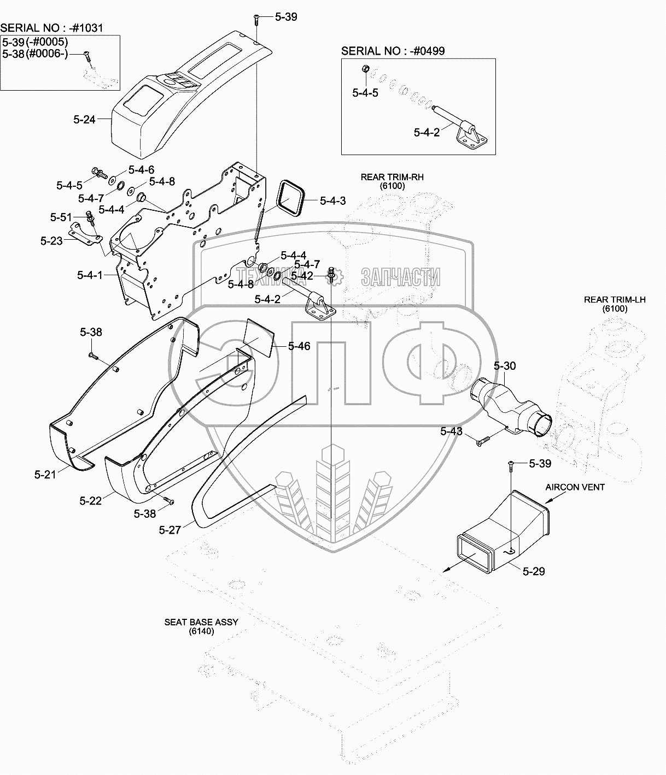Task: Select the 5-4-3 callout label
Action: [333, 201]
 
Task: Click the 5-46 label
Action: [299, 346]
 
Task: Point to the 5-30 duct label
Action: [505, 365]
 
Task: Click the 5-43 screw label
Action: [452, 431]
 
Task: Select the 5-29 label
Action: [534, 571]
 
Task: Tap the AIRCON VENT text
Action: [575, 487]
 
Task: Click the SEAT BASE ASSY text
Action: [201, 622]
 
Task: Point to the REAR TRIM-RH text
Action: [392, 177]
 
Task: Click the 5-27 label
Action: [170, 529]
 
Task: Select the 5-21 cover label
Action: [45, 475]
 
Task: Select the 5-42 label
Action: [302, 276]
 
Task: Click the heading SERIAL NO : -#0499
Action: [393, 51]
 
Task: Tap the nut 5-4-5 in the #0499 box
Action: [366, 69]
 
